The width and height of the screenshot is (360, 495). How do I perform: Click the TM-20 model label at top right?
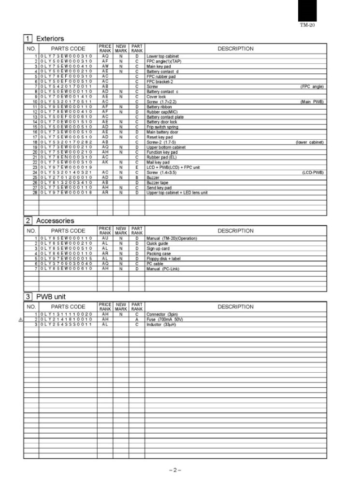[x=307, y=25]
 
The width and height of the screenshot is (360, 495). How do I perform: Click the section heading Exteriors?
[x=50, y=38]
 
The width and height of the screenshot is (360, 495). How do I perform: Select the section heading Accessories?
[x=55, y=220]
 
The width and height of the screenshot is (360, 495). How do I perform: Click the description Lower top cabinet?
[x=163, y=57]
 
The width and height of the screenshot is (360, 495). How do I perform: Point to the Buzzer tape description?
[x=158, y=183]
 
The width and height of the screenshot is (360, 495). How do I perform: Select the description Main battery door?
[x=162, y=132]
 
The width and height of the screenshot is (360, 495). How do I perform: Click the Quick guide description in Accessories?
[x=158, y=244]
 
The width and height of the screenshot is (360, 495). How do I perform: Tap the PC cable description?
[x=156, y=263]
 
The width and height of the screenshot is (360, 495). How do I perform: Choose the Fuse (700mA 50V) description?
[x=165, y=320]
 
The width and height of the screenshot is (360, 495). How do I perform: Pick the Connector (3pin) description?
[x=163, y=315]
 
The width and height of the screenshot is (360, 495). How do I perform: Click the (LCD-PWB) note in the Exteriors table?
[x=313, y=173]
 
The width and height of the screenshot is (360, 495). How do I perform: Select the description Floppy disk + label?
[x=163, y=259]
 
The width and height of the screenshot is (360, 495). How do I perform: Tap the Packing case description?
[x=158, y=254]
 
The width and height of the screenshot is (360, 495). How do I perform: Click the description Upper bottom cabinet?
[x=166, y=147]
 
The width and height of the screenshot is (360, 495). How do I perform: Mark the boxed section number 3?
[x=29, y=296]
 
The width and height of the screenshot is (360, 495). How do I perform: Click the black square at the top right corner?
[x=307, y=11]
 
